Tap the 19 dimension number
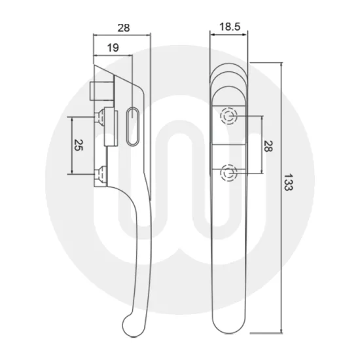pos(112,46)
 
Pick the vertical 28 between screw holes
pos(267,145)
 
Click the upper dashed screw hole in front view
pos(228,117)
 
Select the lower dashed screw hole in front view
pos(228,173)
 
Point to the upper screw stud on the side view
pos(101,117)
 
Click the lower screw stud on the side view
pos(101,173)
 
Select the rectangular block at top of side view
pos(98,89)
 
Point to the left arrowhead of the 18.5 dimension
pos(212,34)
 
